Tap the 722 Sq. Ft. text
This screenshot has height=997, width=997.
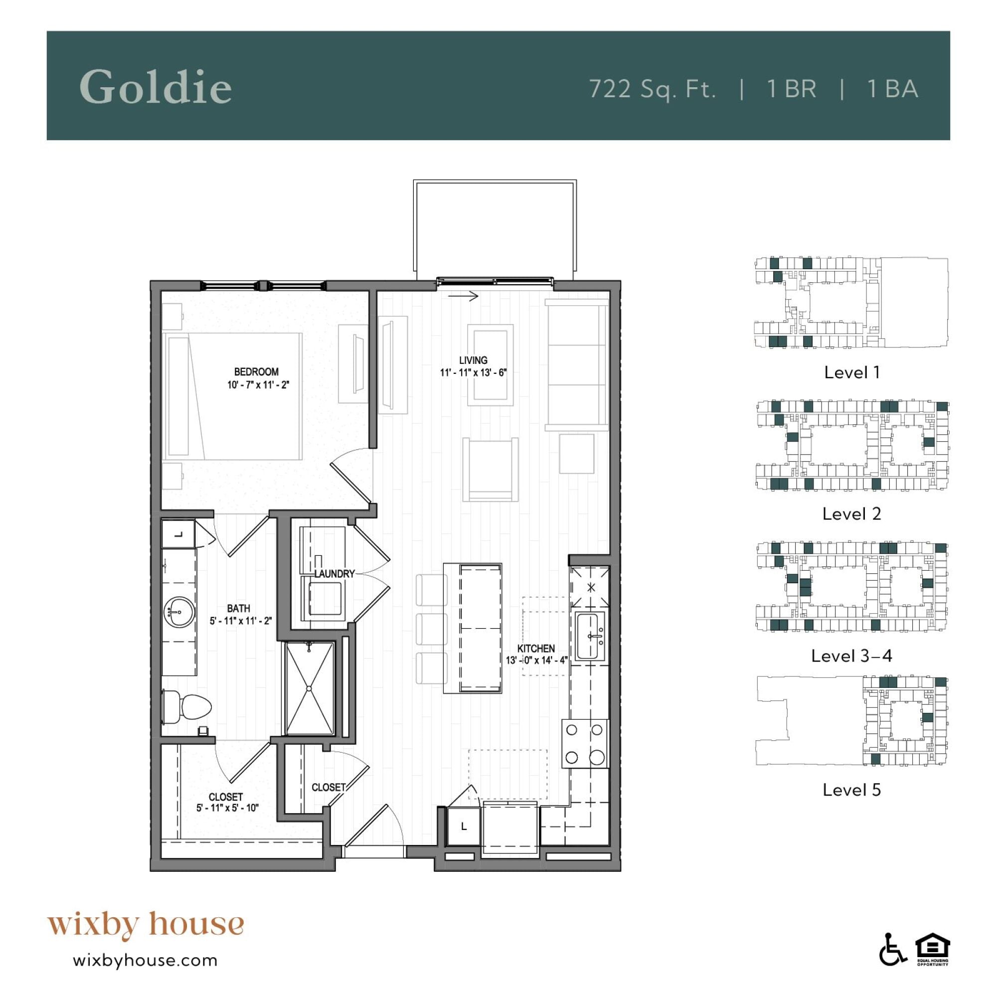click(x=653, y=89)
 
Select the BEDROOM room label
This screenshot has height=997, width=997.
click(x=256, y=371)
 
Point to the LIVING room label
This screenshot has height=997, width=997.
click(x=473, y=360)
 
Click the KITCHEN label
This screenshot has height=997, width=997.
click(x=536, y=649)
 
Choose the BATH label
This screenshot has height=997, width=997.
click(x=238, y=608)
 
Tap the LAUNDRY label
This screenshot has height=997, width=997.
click(x=335, y=573)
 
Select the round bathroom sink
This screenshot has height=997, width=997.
click(x=179, y=613)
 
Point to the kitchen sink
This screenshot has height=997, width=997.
click(x=590, y=636)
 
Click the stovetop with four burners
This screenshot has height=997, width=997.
click(x=585, y=744)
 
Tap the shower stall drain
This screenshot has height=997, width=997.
click(x=309, y=688)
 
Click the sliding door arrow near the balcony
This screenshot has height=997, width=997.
click(x=464, y=296)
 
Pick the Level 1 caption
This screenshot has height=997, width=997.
click(x=851, y=372)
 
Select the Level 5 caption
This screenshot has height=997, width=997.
click(x=851, y=790)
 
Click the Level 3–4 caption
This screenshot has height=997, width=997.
click(x=851, y=656)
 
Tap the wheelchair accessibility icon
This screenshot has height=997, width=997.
click(x=892, y=963)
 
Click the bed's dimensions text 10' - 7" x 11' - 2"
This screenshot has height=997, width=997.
click(x=258, y=385)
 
